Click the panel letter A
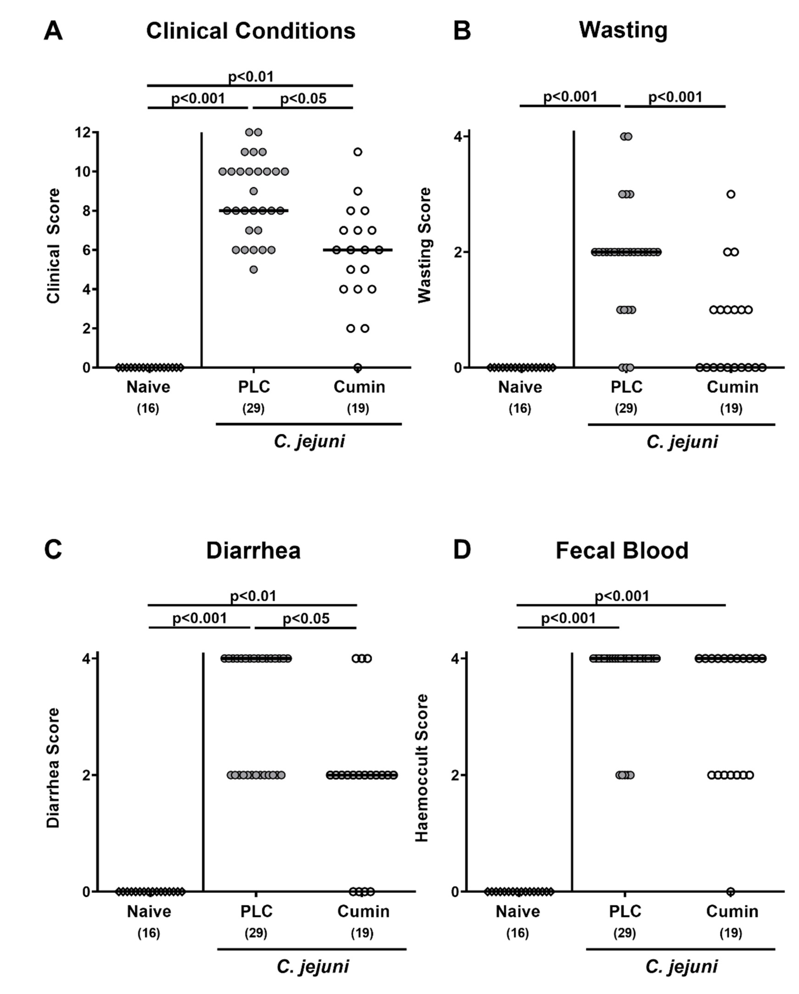click(53, 31)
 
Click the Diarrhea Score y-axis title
click(54, 768)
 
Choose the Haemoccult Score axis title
click(422, 768)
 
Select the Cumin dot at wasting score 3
click(731, 194)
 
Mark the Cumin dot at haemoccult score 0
click(731, 892)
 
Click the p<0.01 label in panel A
click(251, 77)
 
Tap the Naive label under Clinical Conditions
click(149, 387)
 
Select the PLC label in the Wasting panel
click(626, 387)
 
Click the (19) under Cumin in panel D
click(731, 933)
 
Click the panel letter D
click(462, 551)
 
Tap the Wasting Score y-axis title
click(424, 245)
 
